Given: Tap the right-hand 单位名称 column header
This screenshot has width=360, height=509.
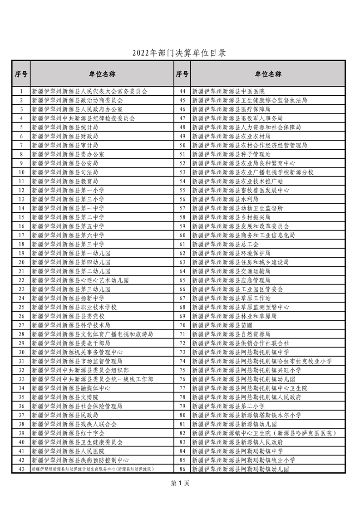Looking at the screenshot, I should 268,74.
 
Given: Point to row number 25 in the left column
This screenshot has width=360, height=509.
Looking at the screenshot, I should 21,307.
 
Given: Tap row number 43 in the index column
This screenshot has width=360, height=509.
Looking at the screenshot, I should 21,469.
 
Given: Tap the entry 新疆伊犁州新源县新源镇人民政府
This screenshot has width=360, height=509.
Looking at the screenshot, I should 237,442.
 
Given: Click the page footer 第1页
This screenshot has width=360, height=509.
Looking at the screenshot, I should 180,483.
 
